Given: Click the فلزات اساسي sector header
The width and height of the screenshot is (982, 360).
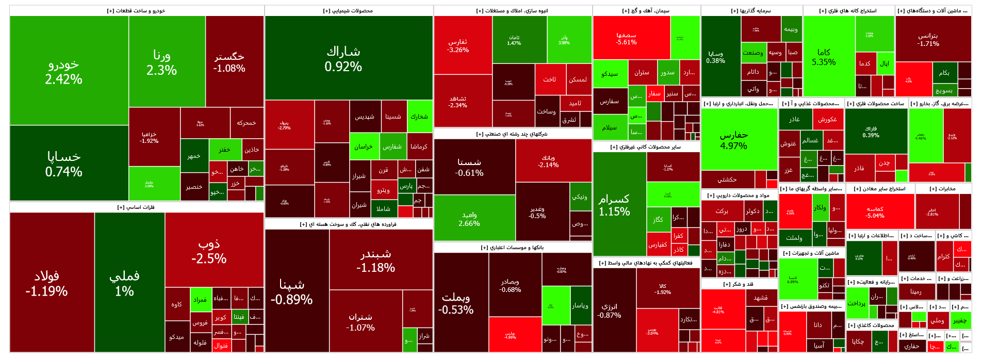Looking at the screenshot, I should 136,207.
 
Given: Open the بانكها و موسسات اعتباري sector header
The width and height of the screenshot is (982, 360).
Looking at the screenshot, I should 513,248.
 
